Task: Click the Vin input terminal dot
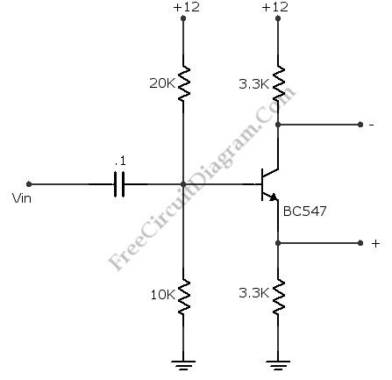pyautogui.click(x=29, y=184)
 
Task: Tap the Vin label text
pyautogui.click(x=22, y=198)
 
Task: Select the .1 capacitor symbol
pyautogui.click(x=119, y=184)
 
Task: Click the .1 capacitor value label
pyautogui.click(x=120, y=161)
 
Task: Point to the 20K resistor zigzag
pyautogui.click(x=183, y=83)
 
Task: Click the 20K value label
pyautogui.click(x=162, y=83)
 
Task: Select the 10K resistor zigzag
pyautogui.click(x=183, y=297)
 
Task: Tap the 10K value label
pyautogui.click(x=163, y=295)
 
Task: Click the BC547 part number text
pyautogui.click(x=304, y=211)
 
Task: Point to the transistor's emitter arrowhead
pyautogui.click(x=274, y=197)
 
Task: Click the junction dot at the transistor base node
pyautogui.click(x=183, y=184)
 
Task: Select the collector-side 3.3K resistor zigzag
pyautogui.click(x=279, y=83)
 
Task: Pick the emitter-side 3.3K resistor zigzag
pyautogui.click(x=279, y=297)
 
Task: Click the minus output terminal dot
pyautogui.click(x=360, y=125)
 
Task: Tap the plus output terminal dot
pyautogui.click(x=360, y=243)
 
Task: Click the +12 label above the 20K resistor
pyautogui.click(x=187, y=7)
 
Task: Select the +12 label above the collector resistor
pyautogui.click(x=275, y=7)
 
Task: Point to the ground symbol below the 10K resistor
pyautogui.click(x=183, y=366)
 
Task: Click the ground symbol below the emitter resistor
pyautogui.click(x=278, y=366)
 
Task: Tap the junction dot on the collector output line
pyautogui.click(x=278, y=125)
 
